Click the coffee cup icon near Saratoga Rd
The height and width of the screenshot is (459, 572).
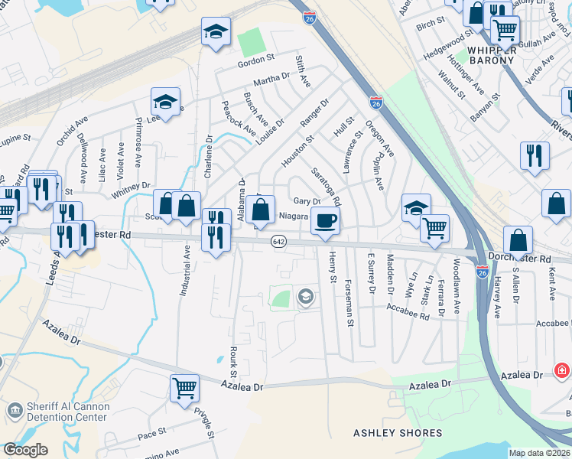[x=325, y=221]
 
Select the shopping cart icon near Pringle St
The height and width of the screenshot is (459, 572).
[x=184, y=387]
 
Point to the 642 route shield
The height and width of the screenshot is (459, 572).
[x=278, y=242]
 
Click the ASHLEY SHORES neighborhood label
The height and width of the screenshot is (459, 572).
[x=398, y=433]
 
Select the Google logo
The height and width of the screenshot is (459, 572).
[x=25, y=450]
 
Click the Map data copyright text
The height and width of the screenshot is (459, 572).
[x=539, y=453]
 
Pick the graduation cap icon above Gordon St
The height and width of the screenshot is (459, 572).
[x=216, y=32]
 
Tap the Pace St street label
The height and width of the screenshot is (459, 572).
[x=151, y=434]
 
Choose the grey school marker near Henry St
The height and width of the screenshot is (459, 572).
[x=306, y=296]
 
